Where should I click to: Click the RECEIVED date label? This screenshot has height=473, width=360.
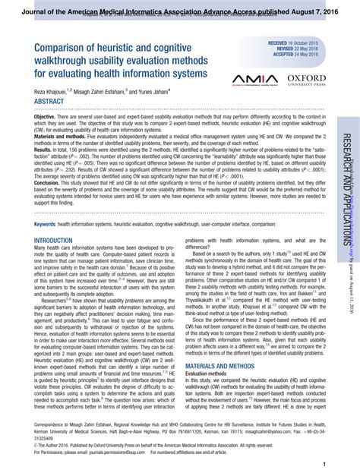276,43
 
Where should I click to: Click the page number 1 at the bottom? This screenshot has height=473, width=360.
324,464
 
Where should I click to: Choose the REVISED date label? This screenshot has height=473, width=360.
279,49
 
